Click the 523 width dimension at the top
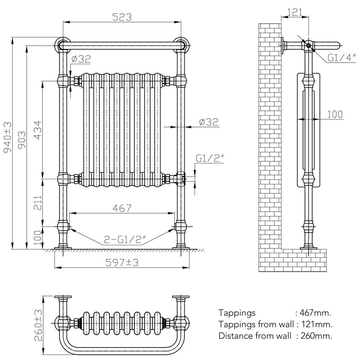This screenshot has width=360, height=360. (x=122, y=17)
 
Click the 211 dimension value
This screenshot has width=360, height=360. (x=38, y=203)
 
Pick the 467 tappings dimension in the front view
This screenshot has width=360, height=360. (x=122, y=208)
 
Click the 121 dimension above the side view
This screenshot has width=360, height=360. (x=294, y=13)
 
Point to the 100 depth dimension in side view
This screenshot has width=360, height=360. (x=335, y=114)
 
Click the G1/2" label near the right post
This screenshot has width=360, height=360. (x=210, y=158)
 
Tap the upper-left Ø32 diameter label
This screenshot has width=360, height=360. (x=81, y=59)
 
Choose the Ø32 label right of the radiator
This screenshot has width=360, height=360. (x=209, y=122)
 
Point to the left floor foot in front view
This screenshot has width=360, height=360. (x=63, y=247)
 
